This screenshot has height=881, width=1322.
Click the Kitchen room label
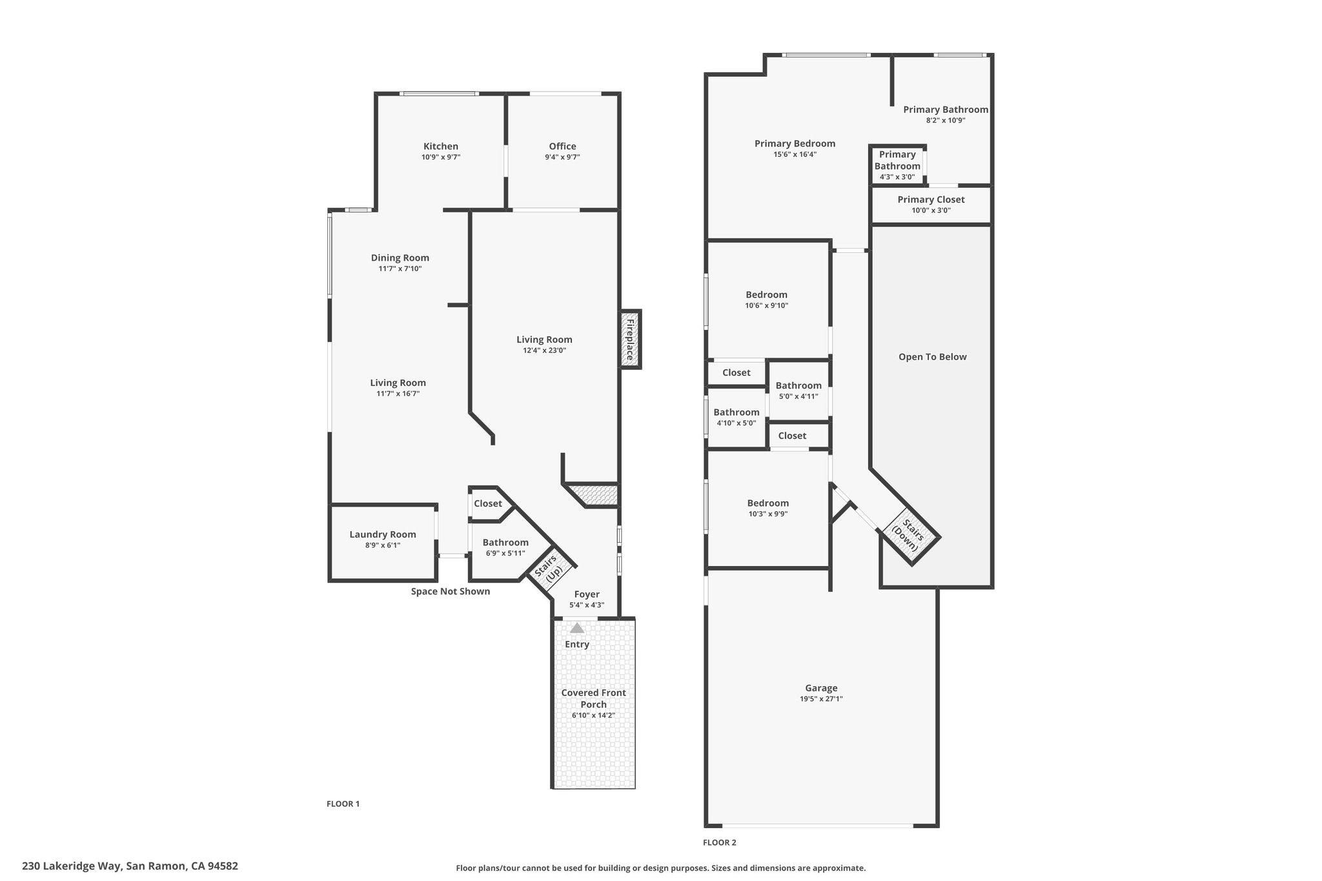440,147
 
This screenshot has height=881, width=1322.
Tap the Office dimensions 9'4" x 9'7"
562,157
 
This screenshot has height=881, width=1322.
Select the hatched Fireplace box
630,339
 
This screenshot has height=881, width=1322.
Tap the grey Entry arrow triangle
577,628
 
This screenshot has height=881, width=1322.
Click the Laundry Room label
383,534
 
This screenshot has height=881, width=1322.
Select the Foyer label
586,594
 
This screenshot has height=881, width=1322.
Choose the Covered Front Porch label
593,698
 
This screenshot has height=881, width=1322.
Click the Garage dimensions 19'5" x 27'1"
821,699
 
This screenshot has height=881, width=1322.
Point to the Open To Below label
932,357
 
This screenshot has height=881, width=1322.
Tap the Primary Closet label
931,199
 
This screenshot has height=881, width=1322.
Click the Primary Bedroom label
795,143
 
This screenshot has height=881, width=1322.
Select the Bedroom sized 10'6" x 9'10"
766,295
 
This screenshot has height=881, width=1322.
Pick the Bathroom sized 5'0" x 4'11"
798,386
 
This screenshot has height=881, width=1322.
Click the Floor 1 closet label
487,503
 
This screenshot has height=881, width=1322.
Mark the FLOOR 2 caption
719,842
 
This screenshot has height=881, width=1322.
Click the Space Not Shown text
450,591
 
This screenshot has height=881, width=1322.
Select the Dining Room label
400,258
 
